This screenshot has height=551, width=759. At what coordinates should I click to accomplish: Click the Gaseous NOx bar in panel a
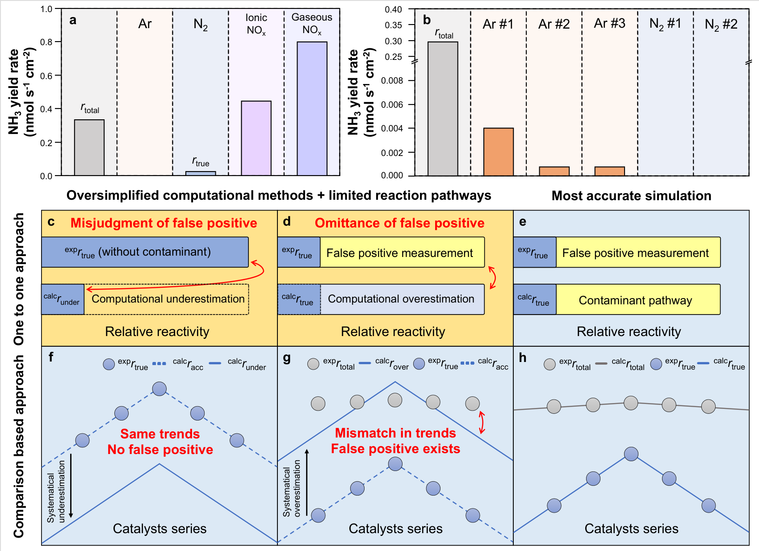(312, 109)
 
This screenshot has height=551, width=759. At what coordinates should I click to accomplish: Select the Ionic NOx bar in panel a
(256, 138)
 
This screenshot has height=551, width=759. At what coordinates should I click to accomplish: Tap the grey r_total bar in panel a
(89, 147)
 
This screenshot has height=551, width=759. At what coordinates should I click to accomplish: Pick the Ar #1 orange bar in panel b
(499, 152)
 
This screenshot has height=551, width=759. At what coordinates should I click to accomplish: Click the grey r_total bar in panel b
(443, 109)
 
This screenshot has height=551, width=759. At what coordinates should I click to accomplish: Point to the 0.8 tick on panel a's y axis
(58, 42)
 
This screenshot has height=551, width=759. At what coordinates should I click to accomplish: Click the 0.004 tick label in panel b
(392, 128)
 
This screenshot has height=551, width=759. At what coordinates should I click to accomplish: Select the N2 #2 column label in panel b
(721, 25)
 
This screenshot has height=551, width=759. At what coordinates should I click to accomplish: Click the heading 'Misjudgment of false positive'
(164, 223)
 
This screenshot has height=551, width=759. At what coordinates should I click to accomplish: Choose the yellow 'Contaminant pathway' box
(638, 299)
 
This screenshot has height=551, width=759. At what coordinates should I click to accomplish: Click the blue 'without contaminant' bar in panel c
(145, 252)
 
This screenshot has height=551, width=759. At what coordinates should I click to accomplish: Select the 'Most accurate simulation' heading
(631, 196)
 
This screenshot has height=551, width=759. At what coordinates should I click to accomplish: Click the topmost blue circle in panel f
(159, 389)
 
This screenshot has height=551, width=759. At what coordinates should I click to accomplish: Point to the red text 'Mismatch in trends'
(395, 433)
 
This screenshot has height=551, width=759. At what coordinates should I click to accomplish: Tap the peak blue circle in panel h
(631, 454)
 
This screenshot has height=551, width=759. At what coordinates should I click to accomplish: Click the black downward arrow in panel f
(71, 485)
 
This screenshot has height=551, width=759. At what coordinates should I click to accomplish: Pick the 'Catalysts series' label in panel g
(395, 529)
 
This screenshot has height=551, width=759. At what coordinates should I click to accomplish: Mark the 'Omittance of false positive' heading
(399, 223)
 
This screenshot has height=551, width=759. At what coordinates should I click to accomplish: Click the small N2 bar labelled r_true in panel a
(201, 173)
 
